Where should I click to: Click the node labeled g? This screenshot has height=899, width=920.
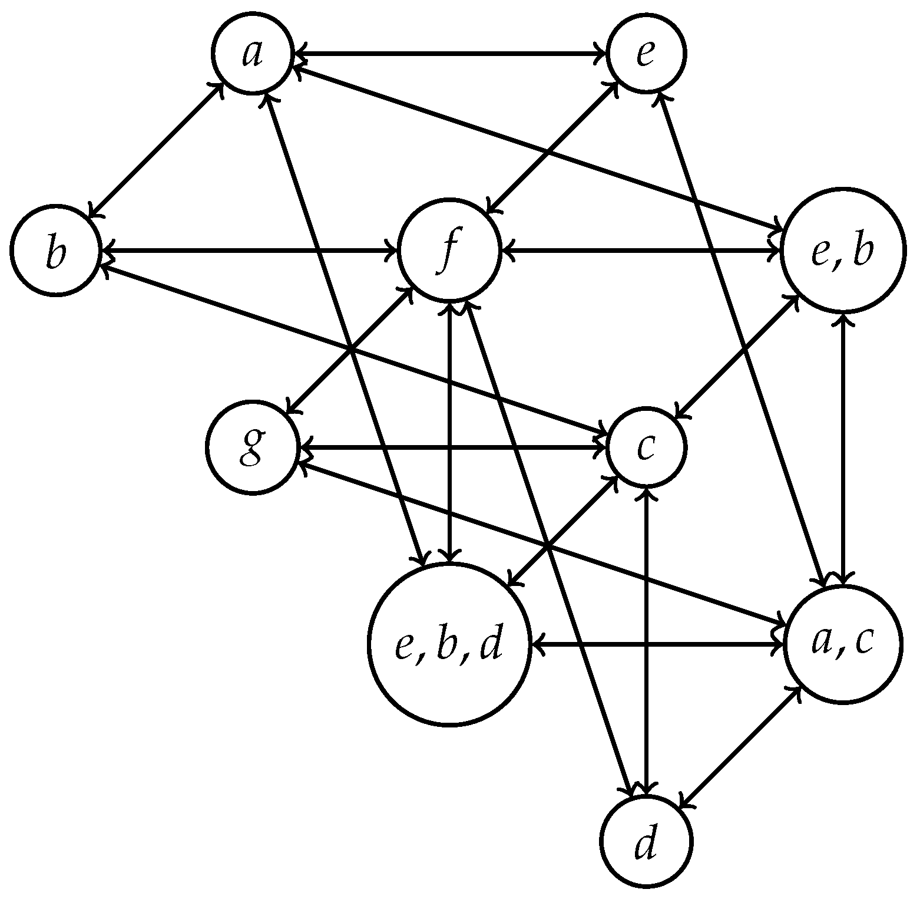(252, 447)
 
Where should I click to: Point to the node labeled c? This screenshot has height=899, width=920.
(646, 447)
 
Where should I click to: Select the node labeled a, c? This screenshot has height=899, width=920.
(843, 644)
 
